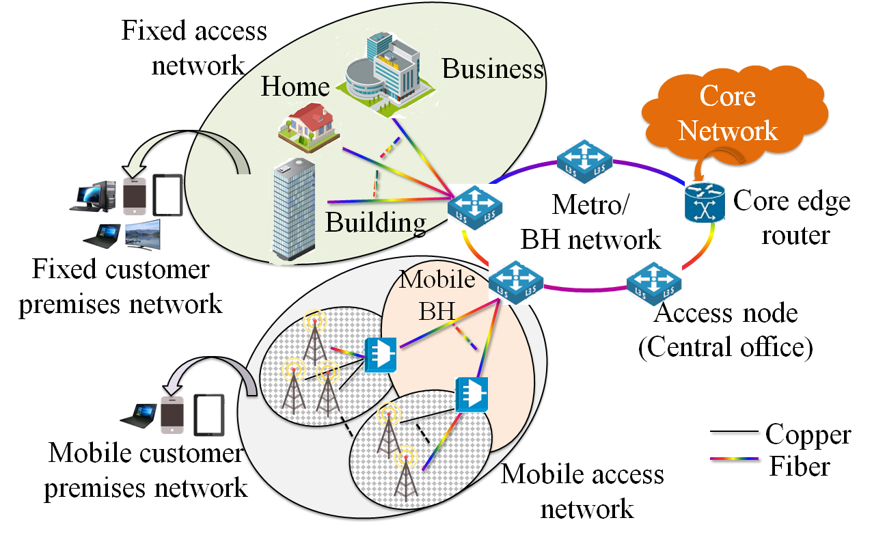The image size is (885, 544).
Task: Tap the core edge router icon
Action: click(705, 203)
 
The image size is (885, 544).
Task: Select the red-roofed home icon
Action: click(309, 127)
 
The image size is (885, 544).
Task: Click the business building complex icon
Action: click(386, 74)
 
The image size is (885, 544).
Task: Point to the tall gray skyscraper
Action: click(295, 209)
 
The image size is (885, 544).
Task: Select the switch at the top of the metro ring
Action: click(584, 161)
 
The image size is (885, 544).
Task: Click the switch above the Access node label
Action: click(654, 284)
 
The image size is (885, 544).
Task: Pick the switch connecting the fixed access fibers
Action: click(475, 207)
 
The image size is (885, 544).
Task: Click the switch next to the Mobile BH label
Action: click(516, 282)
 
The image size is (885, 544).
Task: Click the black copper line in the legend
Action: click(734, 432)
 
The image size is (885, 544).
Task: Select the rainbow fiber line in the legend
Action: click(734, 459)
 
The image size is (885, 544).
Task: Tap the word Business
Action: click(493, 69)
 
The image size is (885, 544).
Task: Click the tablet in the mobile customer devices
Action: click(209, 415)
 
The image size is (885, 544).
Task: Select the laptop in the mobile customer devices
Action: click(138, 416)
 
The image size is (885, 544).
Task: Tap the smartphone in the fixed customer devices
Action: click(135, 196)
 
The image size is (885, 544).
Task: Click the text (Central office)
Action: click(725, 348)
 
